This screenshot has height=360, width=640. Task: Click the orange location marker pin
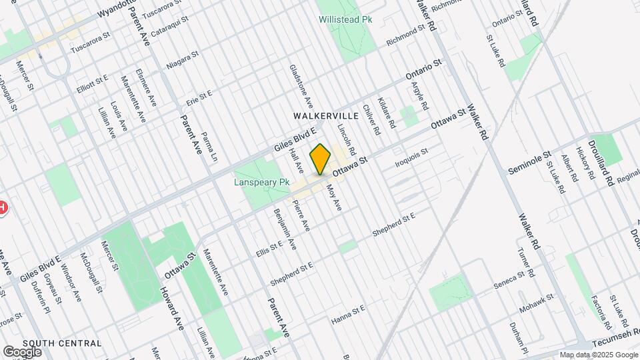coord(321,159)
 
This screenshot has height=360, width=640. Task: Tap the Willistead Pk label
coord(344,20)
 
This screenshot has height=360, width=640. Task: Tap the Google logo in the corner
coord(22,351)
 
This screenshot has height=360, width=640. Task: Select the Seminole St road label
coord(529,161)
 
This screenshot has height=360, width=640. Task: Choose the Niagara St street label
coord(182,62)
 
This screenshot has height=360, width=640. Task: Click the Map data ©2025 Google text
coord(598,355)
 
